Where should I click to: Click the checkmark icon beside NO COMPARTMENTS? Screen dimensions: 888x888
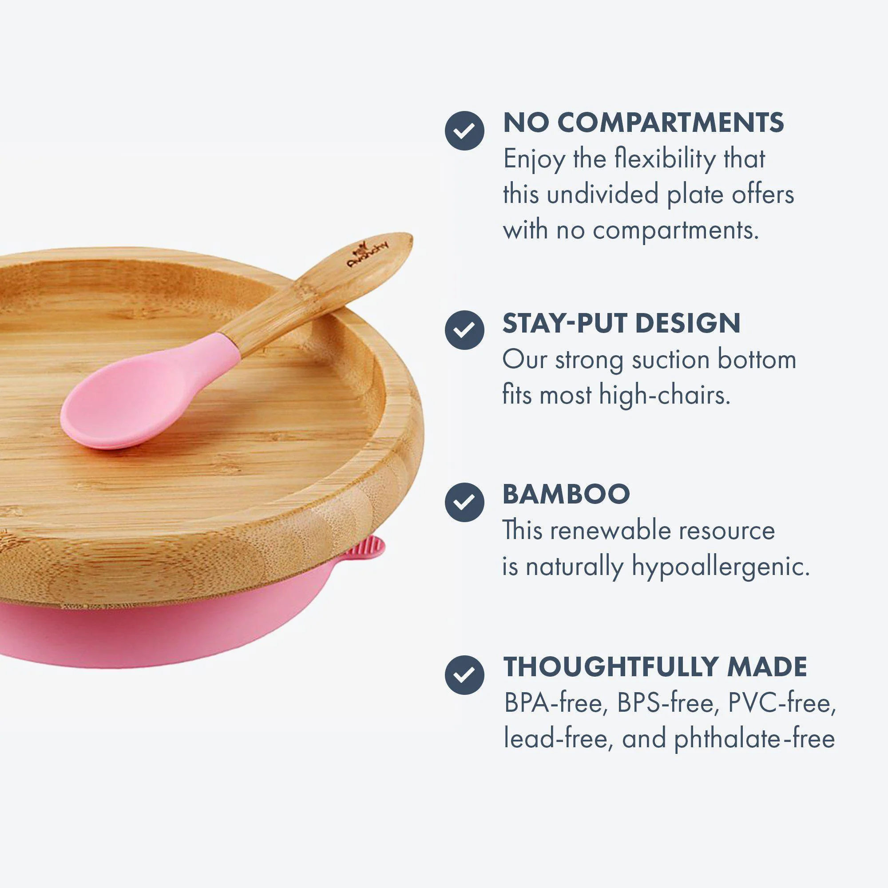click(464, 131)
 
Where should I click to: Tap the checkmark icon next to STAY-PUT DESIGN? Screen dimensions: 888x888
click(464, 329)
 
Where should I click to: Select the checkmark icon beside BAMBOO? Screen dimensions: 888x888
click(464, 501)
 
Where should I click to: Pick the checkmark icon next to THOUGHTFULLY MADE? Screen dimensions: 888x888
click(464, 674)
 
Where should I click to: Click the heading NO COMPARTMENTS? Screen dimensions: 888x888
click(643, 123)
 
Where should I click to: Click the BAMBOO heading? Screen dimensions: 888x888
click(566, 494)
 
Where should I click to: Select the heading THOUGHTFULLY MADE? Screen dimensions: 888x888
click(655, 666)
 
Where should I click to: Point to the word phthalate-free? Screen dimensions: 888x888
click(754, 740)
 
